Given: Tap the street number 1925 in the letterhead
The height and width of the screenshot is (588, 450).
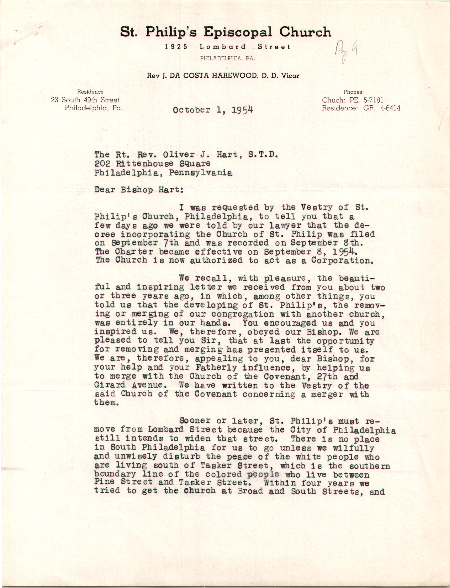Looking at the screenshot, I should [176, 47].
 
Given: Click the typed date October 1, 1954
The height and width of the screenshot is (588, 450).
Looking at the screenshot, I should [213, 110].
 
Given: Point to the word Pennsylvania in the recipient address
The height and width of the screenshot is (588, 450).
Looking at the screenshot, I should [201, 173].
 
